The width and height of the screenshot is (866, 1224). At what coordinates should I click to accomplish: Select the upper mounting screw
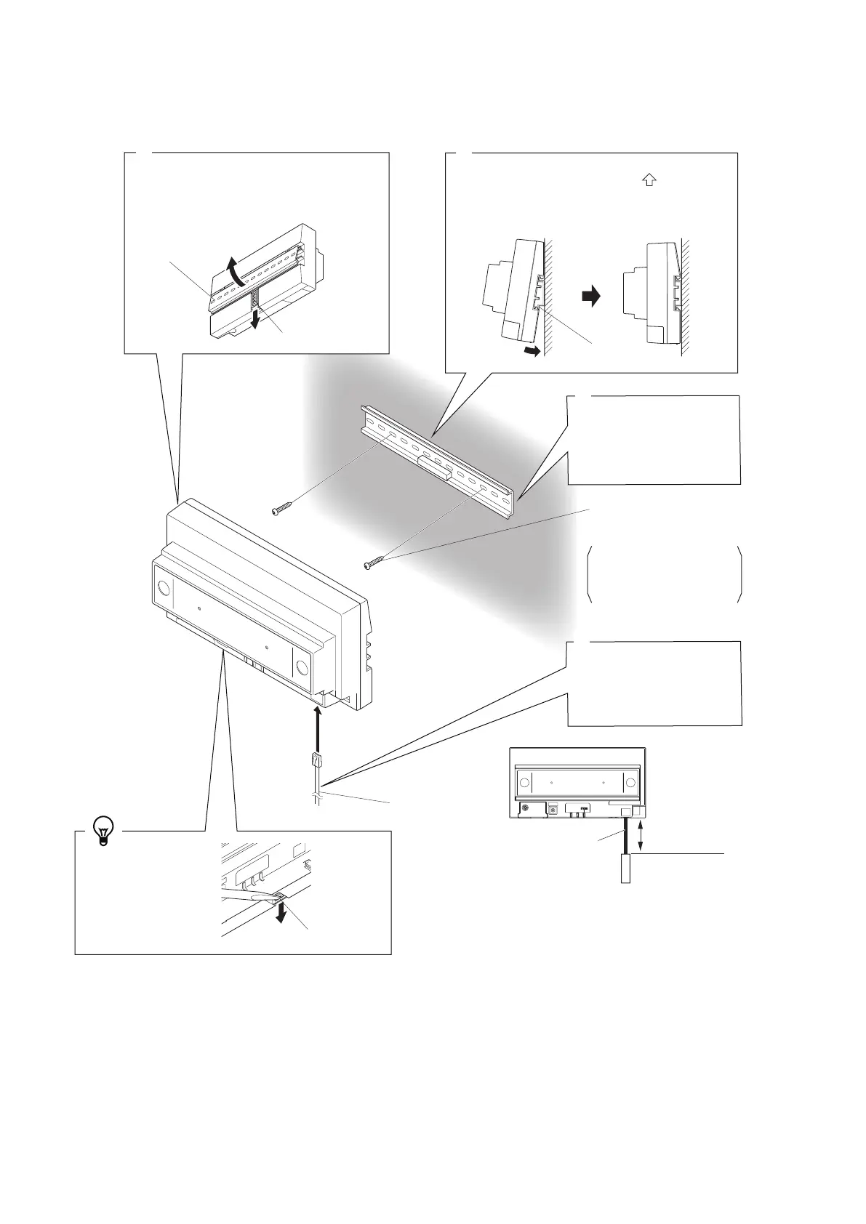pos(280,511)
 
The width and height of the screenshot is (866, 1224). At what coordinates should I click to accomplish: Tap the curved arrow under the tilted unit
pos(533,352)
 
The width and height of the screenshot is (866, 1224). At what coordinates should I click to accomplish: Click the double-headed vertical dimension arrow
pos(640,835)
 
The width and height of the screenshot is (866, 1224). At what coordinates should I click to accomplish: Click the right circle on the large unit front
pos(302,668)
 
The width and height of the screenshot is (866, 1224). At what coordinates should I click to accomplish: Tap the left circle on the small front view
pos(524,783)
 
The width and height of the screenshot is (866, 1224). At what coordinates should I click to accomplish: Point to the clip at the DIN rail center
pos(435,467)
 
